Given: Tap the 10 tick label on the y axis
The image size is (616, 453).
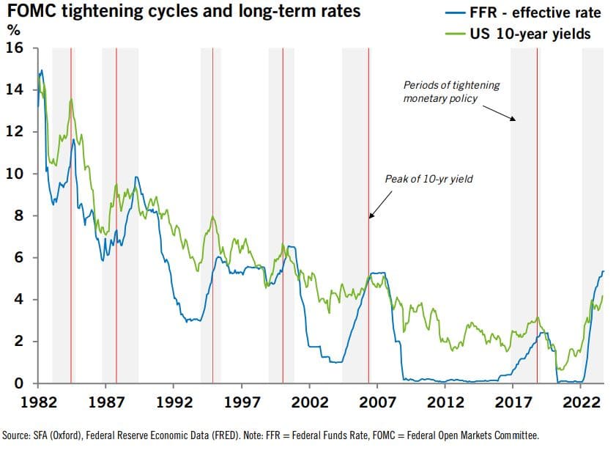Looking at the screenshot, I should pos(15,174).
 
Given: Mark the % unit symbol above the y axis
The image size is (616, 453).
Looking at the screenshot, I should pos(12,31).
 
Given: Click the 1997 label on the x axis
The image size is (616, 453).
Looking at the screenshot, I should pos(242,402).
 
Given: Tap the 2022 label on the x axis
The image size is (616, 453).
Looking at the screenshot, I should pos(582,402).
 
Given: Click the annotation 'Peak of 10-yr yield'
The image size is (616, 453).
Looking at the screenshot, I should pos(428,179).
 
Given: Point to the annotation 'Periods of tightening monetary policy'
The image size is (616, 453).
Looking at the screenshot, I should pos(451,92).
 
